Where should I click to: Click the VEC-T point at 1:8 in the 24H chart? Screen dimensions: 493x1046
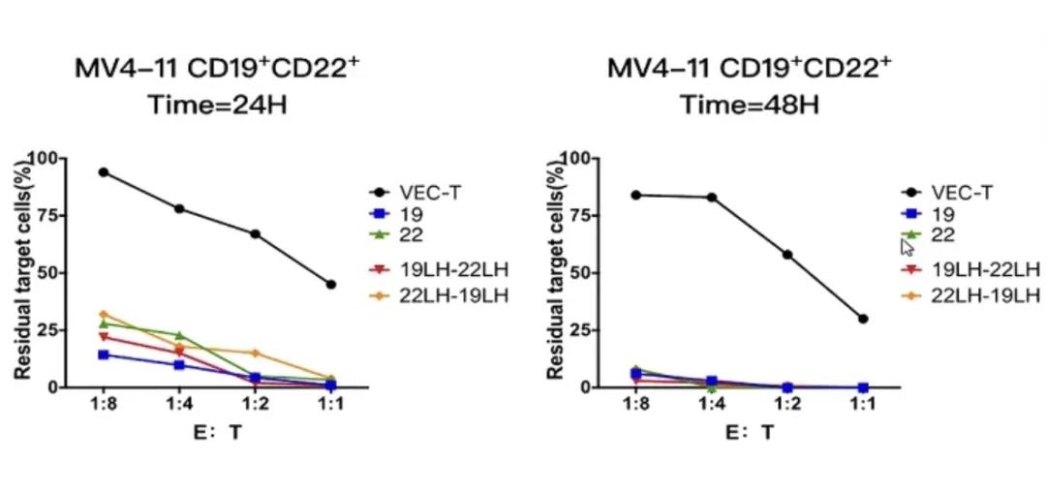(x=104, y=172)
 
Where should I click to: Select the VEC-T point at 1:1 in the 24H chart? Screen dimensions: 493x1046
(x=331, y=285)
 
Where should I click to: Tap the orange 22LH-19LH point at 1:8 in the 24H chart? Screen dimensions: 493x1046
(x=104, y=314)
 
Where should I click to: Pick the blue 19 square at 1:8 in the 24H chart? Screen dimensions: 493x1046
(x=104, y=354)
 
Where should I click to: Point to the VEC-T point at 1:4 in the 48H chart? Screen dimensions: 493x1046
(x=712, y=198)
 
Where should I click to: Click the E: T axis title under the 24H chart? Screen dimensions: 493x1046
(x=217, y=433)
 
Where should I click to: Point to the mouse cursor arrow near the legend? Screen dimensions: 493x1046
(x=907, y=245)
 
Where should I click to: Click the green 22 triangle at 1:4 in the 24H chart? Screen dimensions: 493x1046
(x=179, y=335)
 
